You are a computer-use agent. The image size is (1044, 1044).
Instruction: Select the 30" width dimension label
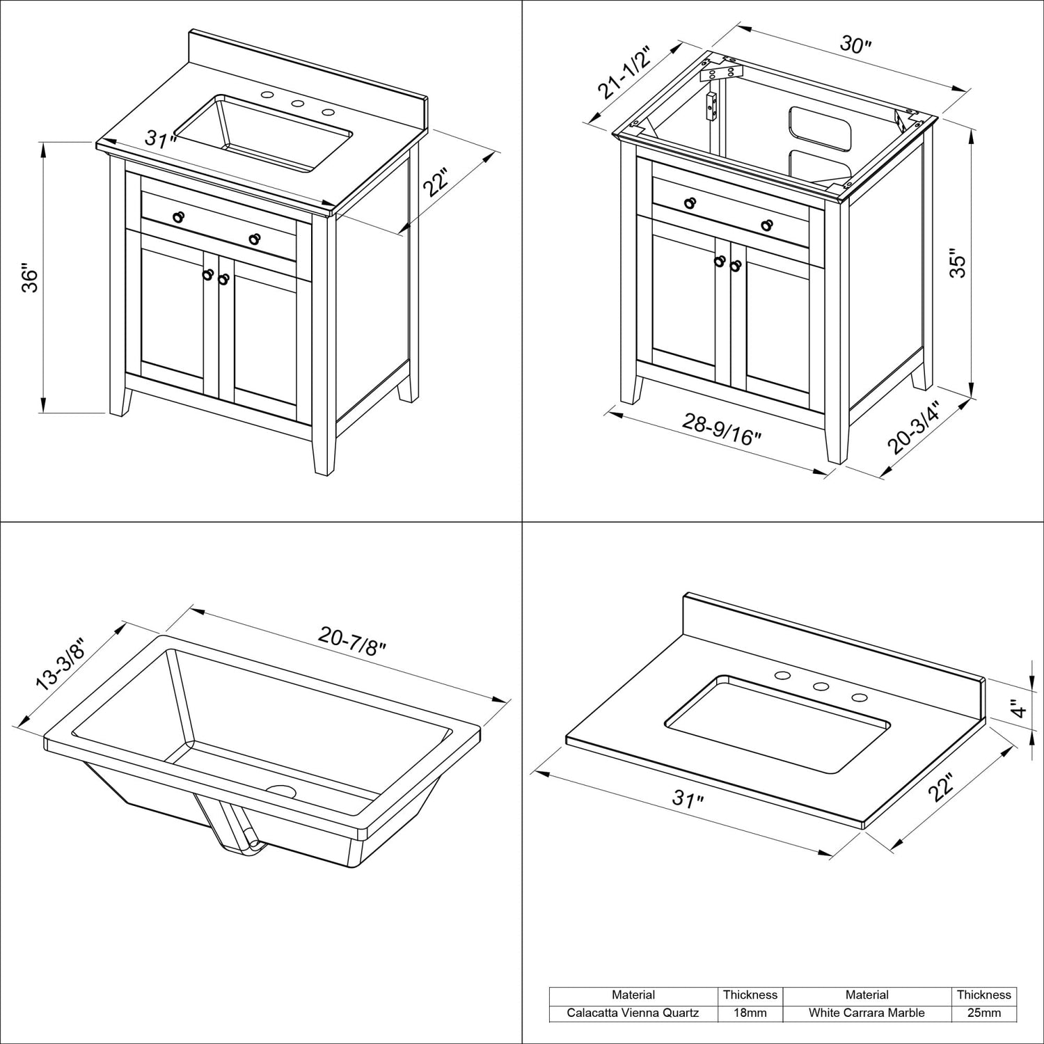(855, 45)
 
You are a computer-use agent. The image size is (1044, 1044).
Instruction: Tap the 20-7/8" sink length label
(352, 643)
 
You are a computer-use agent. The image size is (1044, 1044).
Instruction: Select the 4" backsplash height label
(1018, 709)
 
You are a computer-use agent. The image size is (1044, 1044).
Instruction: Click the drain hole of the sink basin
(283, 791)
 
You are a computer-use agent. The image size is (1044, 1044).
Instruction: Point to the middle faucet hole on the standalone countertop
(821, 687)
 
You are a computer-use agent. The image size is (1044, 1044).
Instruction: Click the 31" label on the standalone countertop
(689, 799)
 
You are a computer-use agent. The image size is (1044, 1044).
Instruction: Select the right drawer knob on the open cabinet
(767, 225)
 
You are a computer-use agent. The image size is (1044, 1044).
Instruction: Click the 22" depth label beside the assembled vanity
(436, 182)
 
